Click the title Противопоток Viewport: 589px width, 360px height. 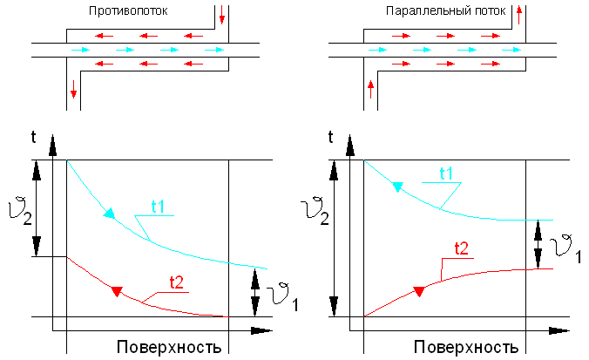pos(128,11)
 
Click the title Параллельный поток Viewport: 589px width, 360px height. pos(445,11)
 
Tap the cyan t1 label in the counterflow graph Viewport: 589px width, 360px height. pos(158,207)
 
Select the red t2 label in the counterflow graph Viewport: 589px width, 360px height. pos(177,282)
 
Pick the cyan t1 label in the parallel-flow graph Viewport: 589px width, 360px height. pos(446,173)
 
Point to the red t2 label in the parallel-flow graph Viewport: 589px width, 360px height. pos(462,248)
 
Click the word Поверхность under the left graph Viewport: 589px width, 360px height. pos(169,347)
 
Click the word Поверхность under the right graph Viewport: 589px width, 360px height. pos(466,347)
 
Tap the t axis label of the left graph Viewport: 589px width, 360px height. pos(33,137)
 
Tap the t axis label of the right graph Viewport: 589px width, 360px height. pos(330,137)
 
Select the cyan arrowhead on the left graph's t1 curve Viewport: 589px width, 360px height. pos(109,213)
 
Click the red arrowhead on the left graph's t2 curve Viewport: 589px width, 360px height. pos(117,292)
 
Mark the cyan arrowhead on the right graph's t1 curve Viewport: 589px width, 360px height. pos(397,187)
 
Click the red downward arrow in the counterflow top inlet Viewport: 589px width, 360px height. pos(222,15)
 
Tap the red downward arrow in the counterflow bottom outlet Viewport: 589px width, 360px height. pos(73,89)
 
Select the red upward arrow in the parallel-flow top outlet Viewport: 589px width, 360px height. pos(519,15)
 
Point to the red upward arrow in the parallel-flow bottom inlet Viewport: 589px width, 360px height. pos(371,89)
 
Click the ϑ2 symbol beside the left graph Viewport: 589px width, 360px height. pos(20,213)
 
